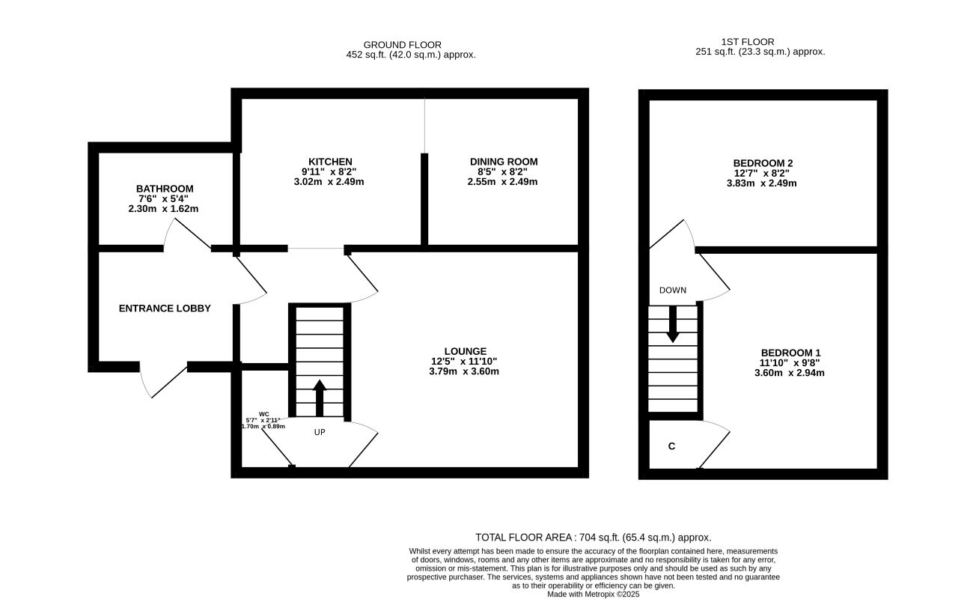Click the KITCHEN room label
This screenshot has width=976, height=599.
click(330, 162)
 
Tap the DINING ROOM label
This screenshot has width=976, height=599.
click(503, 162)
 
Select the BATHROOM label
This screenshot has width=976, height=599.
click(164, 189)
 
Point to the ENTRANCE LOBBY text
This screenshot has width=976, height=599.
click(164, 308)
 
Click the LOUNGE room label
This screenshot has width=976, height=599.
click(465, 351)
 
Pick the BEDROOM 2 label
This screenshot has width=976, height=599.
click(763, 163)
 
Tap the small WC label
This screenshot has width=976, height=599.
click(263, 414)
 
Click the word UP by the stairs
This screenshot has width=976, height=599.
click(320, 432)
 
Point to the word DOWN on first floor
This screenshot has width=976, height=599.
click(672, 291)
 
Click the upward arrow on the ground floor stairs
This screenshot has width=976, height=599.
click(320, 398)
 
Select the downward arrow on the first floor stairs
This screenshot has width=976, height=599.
click(673, 324)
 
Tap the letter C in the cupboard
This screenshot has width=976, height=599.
click(671, 446)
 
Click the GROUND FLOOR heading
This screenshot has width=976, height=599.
click(402, 45)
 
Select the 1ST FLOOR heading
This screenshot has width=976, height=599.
click(747, 42)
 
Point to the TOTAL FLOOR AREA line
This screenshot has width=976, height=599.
click(593, 537)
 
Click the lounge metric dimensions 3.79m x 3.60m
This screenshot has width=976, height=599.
click(463, 371)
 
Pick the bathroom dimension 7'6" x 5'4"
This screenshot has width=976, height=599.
click(163, 199)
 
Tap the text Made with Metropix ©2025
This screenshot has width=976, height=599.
click(593, 595)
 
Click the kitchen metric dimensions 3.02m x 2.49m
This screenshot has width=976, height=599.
click(329, 182)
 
